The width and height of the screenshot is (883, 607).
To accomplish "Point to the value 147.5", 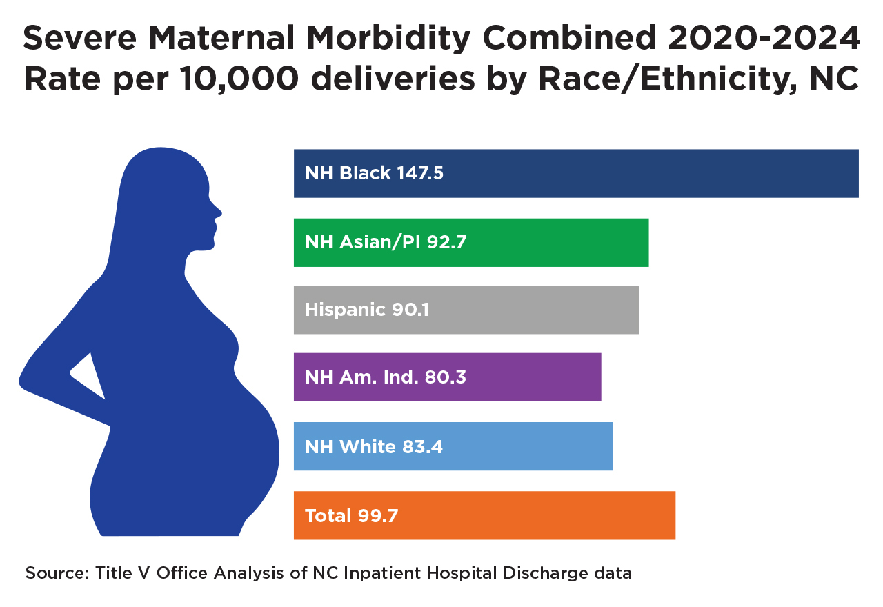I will [420, 173].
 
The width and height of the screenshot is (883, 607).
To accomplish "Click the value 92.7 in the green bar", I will [452, 242].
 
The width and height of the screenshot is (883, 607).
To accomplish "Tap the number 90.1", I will [410, 310].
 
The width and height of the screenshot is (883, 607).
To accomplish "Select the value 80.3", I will [443, 377].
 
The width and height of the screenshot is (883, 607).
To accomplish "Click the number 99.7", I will [377, 516].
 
